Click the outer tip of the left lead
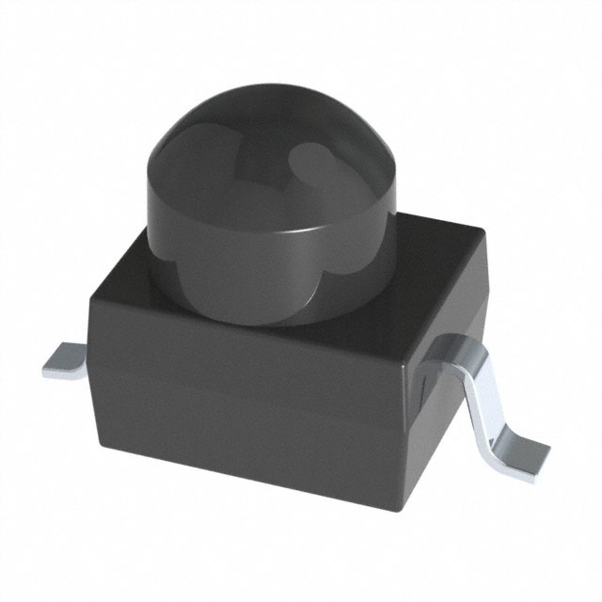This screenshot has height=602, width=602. pyautogui.click(x=45, y=370)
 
